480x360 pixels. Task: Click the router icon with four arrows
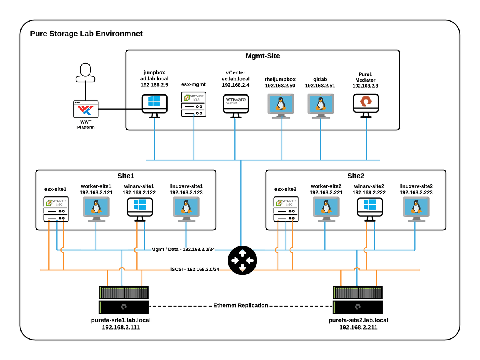pyautogui.click(x=241, y=260)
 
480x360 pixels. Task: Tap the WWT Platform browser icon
pyautogui.click(x=86, y=109)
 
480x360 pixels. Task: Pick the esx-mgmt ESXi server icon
pyautogui.click(x=194, y=104)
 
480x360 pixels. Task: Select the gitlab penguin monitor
pyautogui.click(x=320, y=104)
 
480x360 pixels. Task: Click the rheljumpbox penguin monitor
pyautogui.click(x=281, y=104)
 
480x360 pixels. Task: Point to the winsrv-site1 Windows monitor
pyautogui.click(x=139, y=208)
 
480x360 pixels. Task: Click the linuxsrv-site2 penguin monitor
pyautogui.click(x=416, y=208)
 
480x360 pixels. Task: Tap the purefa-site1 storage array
pyautogui.click(x=124, y=300)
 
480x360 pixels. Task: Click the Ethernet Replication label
pyautogui.click(x=240, y=305)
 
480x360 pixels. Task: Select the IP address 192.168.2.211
pyautogui.click(x=358, y=327)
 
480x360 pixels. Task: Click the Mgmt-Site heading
pyautogui.click(x=262, y=56)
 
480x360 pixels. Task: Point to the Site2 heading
pyautogui.click(x=356, y=176)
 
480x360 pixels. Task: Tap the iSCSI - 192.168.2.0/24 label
pyautogui.click(x=195, y=269)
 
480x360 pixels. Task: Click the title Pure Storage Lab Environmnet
pyautogui.click(x=86, y=34)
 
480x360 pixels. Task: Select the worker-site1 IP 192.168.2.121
pyautogui.click(x=96, y=192)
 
